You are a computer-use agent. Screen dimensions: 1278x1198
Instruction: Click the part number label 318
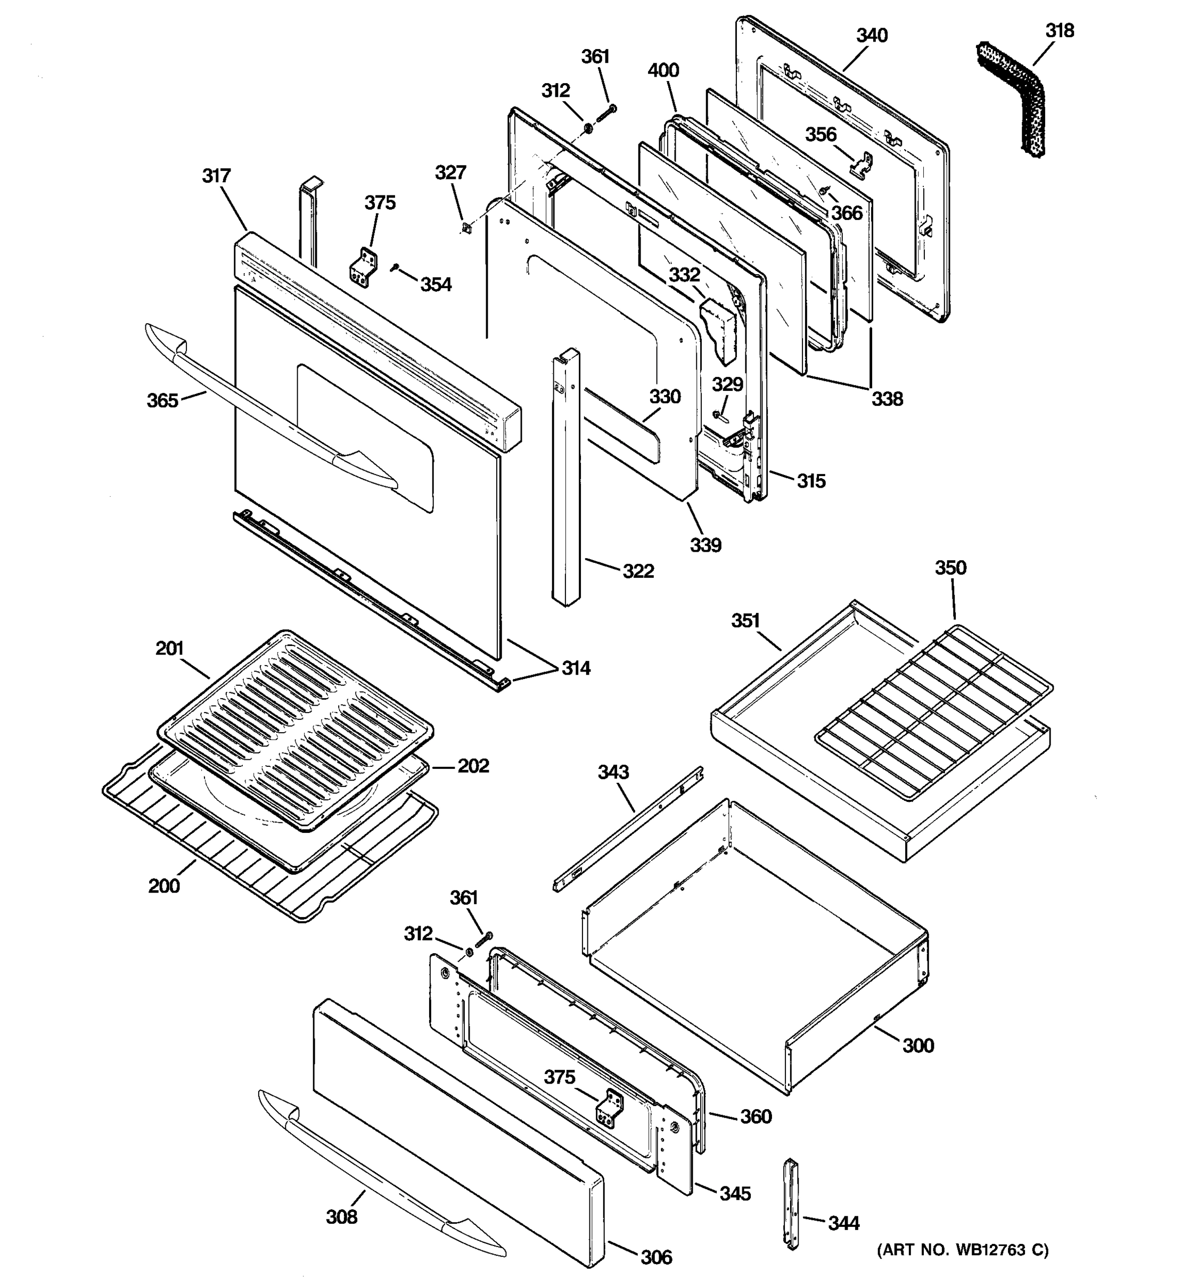click(1059, 30)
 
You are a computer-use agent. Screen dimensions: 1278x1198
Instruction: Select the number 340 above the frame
click(872, 35)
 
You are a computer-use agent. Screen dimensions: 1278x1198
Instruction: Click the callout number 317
click(216, 176)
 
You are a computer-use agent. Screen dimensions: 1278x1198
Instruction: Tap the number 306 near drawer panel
click(656, 1257)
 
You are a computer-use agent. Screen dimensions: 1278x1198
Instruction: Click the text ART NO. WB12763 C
click(962, 1250)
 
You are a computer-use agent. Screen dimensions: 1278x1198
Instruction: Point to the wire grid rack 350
click(935, 714)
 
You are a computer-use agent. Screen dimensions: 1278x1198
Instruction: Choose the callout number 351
click(745, 621)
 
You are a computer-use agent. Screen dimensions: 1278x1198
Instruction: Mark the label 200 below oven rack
click(164, 886)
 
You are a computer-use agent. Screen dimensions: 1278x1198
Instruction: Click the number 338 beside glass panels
click(887, 399)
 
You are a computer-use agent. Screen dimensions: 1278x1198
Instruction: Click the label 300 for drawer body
click(918, 1046)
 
